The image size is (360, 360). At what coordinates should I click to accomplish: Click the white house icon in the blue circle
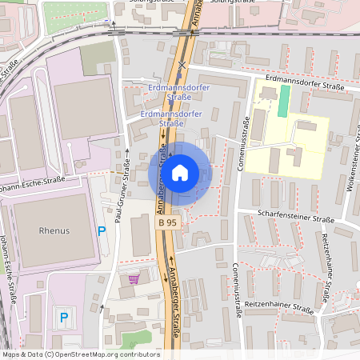tap(180, 172)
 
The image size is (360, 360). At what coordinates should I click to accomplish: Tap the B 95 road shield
tap(167, 222)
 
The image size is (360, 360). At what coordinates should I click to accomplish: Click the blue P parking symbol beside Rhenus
tap(101, 230)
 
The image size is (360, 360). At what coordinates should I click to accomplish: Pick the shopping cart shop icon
tap(133, 278)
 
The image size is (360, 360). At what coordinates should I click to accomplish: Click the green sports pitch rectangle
tap(284, 101)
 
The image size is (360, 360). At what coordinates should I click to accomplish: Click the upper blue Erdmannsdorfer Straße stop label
tap(170, 91)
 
